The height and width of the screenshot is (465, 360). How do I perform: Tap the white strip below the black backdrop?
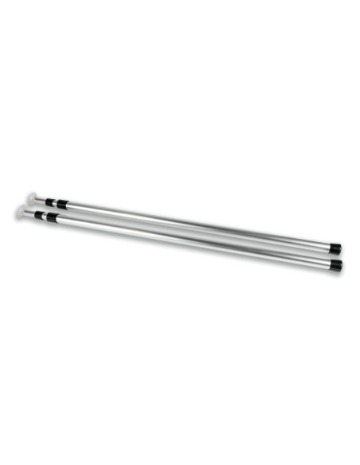(x=180, y=439)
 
